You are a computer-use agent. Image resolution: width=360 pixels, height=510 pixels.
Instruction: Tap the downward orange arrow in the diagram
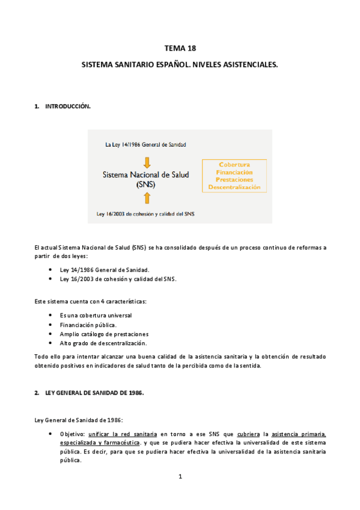[147, 161]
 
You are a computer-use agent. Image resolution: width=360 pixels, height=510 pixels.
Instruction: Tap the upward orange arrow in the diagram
[147, 198]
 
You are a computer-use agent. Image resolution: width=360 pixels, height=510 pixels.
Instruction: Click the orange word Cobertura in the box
[234, 164]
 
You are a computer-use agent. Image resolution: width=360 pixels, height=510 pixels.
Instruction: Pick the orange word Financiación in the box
[234, 172]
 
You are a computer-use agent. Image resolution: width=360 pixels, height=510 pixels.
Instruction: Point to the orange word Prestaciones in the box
[234, 179]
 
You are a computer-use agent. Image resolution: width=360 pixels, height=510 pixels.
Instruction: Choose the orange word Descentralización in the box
[234, 187]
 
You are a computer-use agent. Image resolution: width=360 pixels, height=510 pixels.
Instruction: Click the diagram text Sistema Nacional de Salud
[145, 174]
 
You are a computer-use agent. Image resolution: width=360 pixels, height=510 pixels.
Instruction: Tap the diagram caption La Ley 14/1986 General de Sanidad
[145, 145]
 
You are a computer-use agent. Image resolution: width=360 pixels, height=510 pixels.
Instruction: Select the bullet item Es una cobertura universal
[96, 315]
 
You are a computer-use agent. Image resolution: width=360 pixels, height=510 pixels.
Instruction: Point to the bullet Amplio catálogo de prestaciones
[104, 334]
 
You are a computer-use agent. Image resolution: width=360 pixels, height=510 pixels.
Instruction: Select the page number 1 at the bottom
[180, 477]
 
